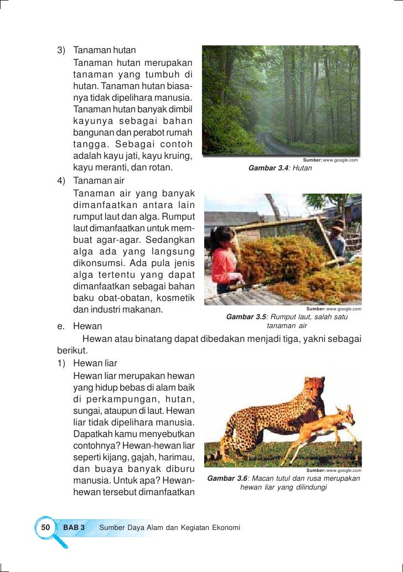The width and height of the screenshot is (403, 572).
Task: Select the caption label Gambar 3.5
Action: pyautogui.click(x=247, y=317)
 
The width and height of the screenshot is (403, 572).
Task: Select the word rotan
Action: pyautogui.click(x=160, y=167)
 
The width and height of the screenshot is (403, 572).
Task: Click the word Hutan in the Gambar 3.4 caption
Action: pyautogui.click(x=302, y=168)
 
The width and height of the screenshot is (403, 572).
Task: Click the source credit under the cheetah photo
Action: pyautogui.click(x=333, y=470)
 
